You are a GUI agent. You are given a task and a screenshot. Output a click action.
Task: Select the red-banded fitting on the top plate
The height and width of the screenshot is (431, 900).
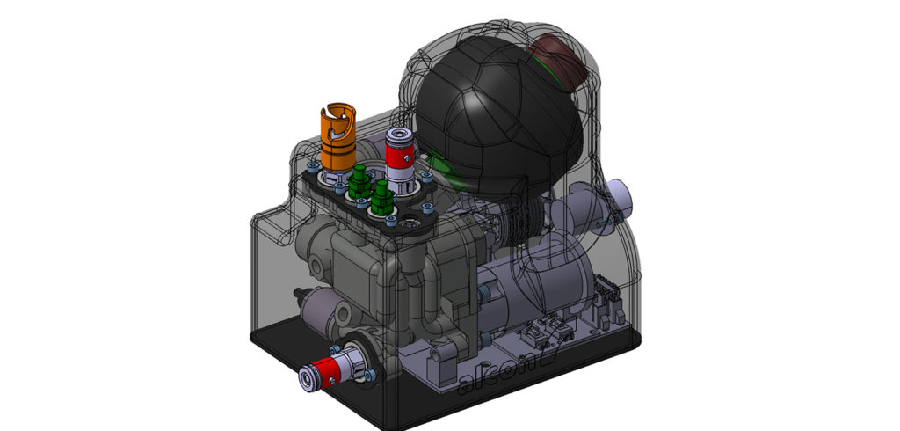400,158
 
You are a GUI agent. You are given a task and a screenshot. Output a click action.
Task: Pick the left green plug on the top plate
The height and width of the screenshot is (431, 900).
359,184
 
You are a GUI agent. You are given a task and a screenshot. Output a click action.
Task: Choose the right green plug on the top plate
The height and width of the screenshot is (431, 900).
382,199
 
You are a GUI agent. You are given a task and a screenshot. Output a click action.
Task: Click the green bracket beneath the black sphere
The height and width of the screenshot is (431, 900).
457,179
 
